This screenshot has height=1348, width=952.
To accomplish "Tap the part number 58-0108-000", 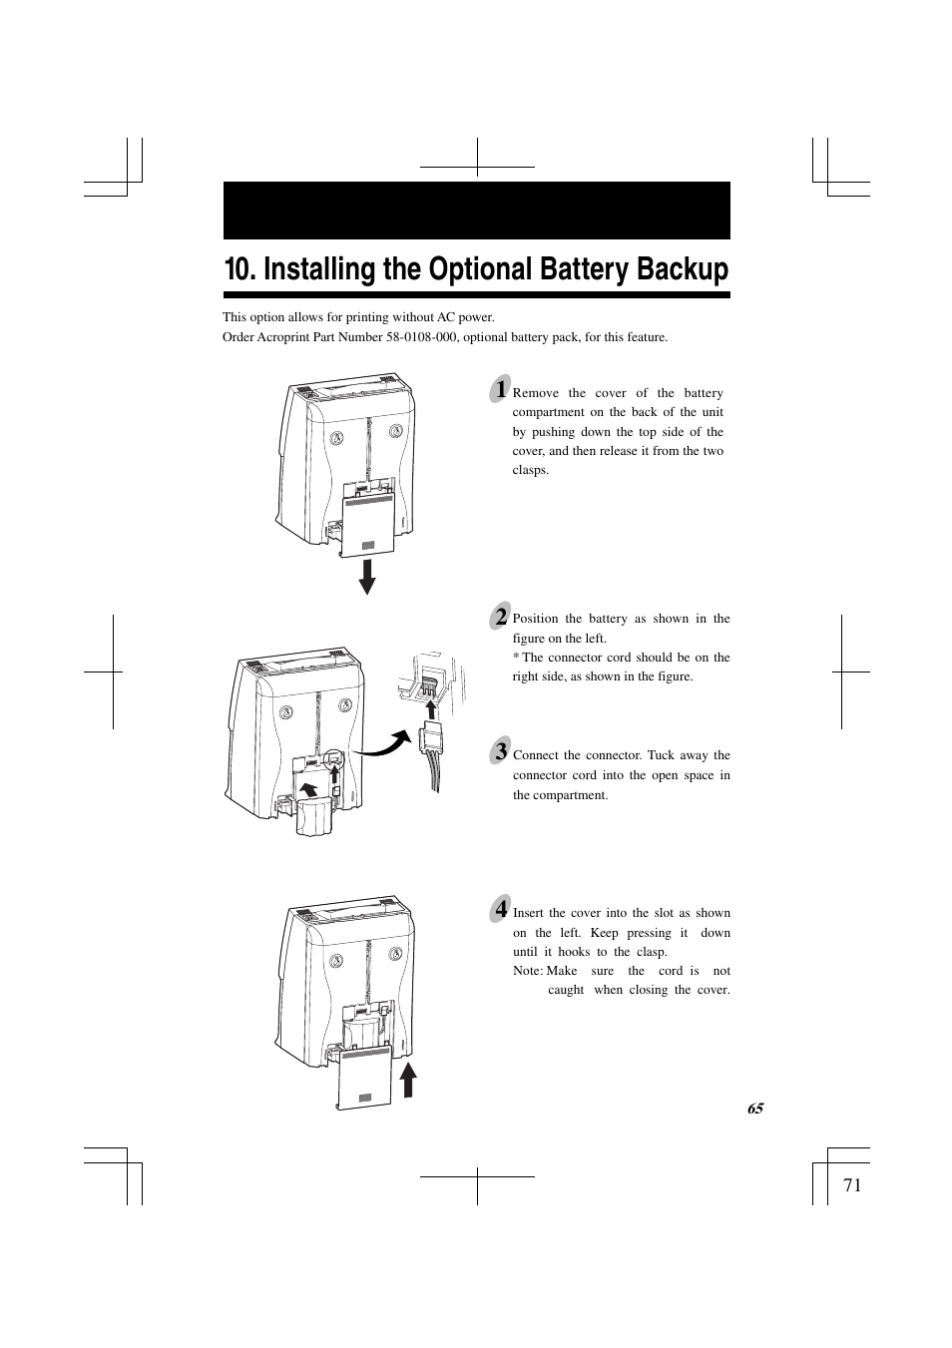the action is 419,337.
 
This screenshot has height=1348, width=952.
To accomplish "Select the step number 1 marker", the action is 500,389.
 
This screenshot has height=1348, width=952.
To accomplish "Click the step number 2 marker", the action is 500,617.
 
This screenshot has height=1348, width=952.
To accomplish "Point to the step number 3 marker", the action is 500,751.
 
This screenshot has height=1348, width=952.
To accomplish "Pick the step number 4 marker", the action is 500,909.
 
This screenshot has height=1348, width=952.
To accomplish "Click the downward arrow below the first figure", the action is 366,577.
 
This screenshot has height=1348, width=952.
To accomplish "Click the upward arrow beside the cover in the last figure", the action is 408,1080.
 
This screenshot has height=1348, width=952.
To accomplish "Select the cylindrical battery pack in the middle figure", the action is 313,816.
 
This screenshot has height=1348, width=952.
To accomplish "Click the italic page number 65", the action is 755,1109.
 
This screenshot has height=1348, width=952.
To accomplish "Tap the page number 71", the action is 852,1185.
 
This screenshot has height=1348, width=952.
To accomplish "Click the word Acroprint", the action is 282,337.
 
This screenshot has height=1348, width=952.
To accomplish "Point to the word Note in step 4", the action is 528,971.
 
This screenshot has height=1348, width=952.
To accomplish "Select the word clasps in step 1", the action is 530,470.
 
